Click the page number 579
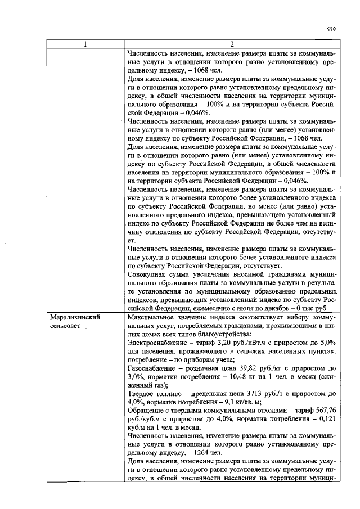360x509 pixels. click(x=331, y=29)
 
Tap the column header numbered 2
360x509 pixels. click(x=231, y=45)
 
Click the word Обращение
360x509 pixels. click(x=146, y=409)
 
